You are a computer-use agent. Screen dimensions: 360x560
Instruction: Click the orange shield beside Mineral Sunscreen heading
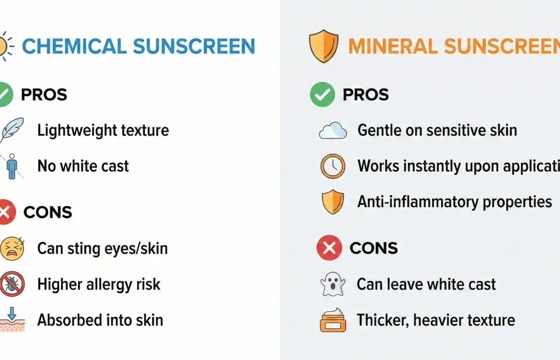pos(324,46)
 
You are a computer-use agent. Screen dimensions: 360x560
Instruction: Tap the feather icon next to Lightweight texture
pos(12,130)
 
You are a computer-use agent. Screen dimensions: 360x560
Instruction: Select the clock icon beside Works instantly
pos(333,166)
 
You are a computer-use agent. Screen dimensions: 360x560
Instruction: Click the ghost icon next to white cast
pos(333,284)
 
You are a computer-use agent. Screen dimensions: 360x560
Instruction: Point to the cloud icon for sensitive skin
pos(333,130)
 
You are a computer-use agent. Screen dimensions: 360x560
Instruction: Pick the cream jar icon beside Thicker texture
pos(333,320)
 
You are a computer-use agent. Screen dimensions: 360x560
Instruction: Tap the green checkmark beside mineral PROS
pos(322,94)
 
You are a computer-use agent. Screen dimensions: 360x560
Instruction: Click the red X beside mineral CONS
pos(329,248)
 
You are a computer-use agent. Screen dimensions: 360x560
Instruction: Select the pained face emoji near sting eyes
pos(12,248)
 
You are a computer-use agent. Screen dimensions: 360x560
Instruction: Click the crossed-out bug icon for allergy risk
pos(12,284)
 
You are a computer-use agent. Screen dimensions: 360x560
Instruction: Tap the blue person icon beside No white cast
pos(12,166)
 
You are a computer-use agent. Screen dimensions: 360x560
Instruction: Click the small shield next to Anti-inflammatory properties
pos(333,202)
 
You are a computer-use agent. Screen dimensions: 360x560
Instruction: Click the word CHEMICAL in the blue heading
pos(74,46)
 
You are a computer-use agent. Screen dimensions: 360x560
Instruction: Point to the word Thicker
pos(382,320)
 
